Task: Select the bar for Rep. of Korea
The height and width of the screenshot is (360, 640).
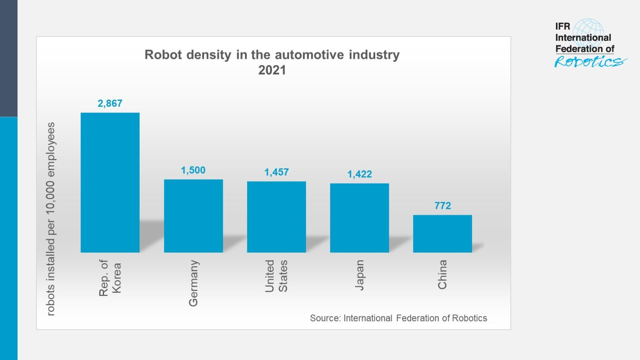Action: coord(110,182)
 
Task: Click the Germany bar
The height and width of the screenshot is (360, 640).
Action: coord(193,216)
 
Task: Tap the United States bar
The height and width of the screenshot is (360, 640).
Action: coord(276,217)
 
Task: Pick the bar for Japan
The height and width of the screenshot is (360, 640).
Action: coord(359,218)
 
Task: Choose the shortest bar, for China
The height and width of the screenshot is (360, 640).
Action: coord(442,234)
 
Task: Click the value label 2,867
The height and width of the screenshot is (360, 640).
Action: coord(110,103)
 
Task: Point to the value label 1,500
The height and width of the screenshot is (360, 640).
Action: coord(193,170)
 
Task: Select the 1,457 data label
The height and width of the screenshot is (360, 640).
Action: coord(276,172)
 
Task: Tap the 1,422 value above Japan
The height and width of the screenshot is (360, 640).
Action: coord(359,174)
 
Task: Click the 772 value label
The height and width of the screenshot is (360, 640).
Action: coord(442,206)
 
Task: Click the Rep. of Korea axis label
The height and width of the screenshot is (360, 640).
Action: coord(110,278)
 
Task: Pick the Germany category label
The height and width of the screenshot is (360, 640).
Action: coord(193,283)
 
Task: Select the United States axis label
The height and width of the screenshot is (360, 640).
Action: coord(276,276)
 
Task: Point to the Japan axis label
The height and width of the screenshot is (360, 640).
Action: coord(359,275)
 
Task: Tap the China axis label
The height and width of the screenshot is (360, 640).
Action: coord(442,274)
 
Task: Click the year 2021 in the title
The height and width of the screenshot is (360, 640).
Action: coord(272,70)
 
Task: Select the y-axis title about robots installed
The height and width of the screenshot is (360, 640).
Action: coord(51,219)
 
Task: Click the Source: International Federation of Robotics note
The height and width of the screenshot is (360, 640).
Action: coord(398,318)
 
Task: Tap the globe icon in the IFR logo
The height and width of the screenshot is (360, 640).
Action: coord(588,32)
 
